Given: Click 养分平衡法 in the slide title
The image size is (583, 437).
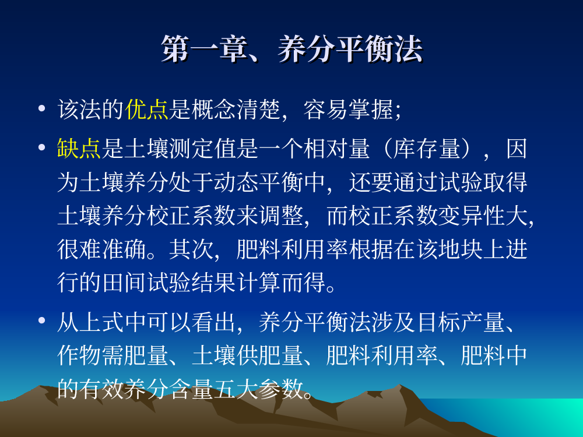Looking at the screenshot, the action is coord(350,49).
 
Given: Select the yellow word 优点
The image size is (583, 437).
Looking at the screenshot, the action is coord(146,110).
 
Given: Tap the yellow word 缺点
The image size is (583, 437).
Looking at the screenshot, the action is coord(79,149).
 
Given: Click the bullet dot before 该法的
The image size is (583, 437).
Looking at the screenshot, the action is coord(41,108).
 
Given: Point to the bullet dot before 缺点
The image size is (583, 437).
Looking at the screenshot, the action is coord(41,147).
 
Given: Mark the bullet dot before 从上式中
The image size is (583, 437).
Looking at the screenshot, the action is coord(41,320).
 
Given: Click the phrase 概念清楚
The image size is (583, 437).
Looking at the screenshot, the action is coord(236,110).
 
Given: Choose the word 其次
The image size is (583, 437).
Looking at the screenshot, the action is coord(191,249).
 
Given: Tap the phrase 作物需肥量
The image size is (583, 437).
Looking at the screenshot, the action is coord(113,355).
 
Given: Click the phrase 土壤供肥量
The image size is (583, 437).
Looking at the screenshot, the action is coord(247,355).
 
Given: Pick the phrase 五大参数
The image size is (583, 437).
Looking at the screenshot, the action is coord(258,389).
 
